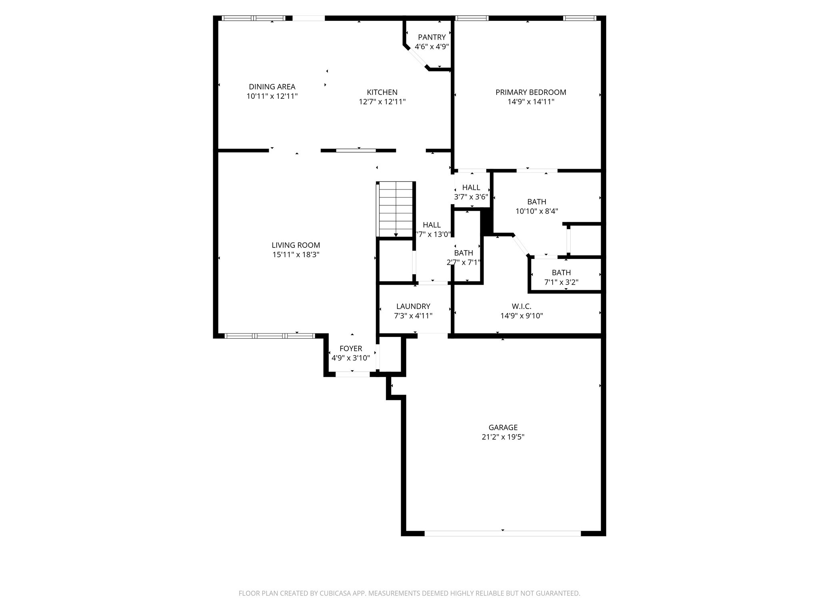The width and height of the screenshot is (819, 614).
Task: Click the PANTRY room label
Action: click(x=431, y=37)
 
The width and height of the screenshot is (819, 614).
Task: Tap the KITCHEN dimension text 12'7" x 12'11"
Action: click(x=382, y=102)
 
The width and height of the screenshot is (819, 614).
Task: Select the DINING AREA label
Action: click(x=272, y=87)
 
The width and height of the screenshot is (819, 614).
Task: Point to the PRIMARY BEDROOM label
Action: click(x=531, y=92)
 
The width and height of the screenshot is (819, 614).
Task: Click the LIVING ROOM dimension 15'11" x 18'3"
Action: click(x=296, y=255)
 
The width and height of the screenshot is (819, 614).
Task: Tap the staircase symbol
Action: click(x=396, y=209)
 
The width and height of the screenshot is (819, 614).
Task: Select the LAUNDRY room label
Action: click(x=413, y=306)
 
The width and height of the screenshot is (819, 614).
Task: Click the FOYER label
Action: click(x=351, y=349)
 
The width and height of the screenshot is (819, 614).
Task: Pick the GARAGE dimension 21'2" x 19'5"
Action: click(x=503, y=437)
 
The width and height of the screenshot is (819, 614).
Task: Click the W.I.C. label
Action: click(x=521, y=306)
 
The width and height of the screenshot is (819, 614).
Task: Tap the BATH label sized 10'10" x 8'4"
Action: click(x=537, y=202)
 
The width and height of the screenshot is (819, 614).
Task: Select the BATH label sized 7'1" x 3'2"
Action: click(x=561, y=273)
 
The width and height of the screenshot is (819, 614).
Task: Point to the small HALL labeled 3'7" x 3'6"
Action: click(x=471, y=187)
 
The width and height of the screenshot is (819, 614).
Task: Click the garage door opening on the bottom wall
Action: click(x=502, y=533)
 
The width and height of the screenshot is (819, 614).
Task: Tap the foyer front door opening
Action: click(x=352, y=374)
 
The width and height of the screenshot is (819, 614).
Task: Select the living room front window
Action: click(x=270, y=336)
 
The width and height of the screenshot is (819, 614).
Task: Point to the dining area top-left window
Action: click(x=254, y=18)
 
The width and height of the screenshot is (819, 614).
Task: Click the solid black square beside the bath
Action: click(x=487, y=222)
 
